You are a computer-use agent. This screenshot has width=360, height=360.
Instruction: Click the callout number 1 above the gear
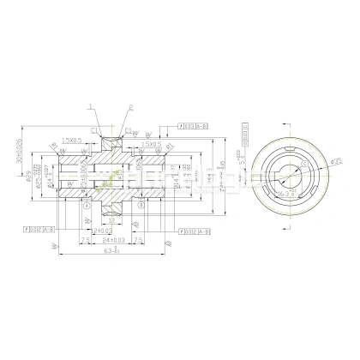click(x=90, y=106)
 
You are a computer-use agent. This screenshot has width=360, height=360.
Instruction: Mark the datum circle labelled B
click(x=141, y=206)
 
